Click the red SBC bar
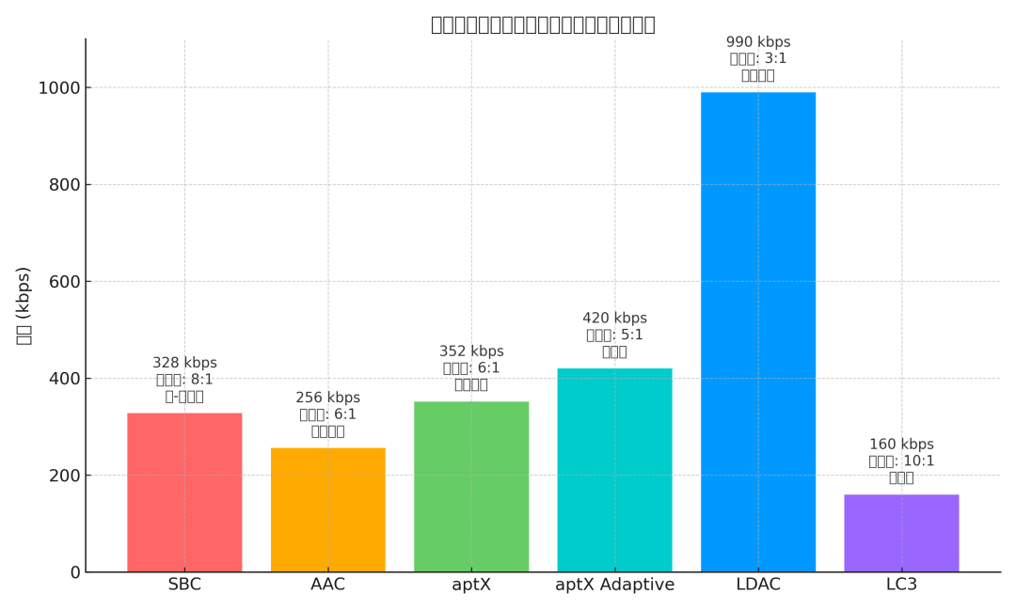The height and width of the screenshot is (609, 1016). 184,492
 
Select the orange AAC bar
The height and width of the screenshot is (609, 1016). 327,509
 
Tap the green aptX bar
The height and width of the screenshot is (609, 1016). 471,487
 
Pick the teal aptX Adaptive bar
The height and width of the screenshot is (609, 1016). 614,470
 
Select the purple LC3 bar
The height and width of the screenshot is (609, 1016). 901,533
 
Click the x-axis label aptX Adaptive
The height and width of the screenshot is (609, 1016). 614,586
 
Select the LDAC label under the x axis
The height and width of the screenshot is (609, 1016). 758,586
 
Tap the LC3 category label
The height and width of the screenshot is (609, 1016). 901,586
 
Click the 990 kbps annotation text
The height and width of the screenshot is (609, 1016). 758,42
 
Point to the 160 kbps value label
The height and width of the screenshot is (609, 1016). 901,445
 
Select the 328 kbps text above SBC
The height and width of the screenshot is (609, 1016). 184,363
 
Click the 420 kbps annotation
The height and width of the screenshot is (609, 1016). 614,319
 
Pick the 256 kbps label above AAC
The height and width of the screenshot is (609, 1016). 327,398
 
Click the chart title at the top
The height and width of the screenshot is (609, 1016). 543,24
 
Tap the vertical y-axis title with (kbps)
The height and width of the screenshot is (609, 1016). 24,305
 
